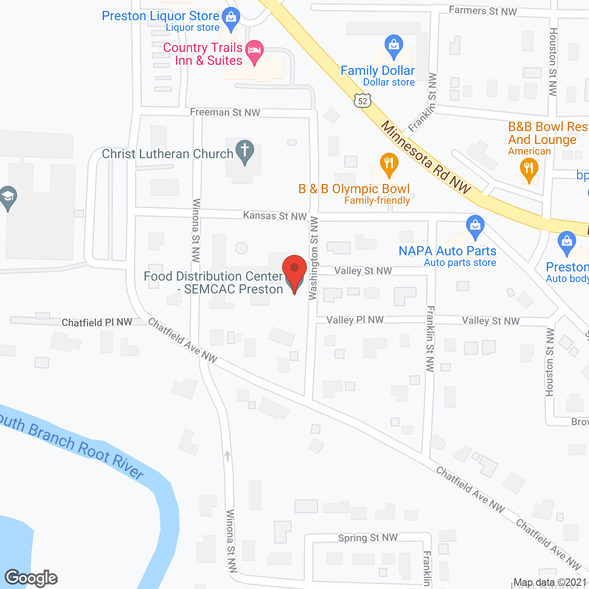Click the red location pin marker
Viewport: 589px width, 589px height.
point(294,271)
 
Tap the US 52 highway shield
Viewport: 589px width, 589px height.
point(363,101)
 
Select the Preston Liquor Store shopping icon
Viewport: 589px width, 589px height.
point(231,17)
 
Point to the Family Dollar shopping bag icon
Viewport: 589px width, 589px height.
point(393,46)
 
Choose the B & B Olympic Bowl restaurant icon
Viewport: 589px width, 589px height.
point(389,164)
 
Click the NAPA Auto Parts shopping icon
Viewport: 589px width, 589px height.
point(475,226)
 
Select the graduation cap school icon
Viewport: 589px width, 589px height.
point(7,198)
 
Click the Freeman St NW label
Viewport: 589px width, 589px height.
point(225,112)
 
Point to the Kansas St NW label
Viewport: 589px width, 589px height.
point(275,216)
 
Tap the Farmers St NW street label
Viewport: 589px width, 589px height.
point(483,11)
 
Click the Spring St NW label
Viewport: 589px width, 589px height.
point(368,537)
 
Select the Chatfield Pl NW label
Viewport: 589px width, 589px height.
point(97,323)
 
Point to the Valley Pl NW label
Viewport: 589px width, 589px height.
point(355,320)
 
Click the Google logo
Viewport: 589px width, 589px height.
point(31,578)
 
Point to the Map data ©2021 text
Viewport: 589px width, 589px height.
point(550,583)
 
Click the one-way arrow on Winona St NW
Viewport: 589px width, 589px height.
point(227,456)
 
